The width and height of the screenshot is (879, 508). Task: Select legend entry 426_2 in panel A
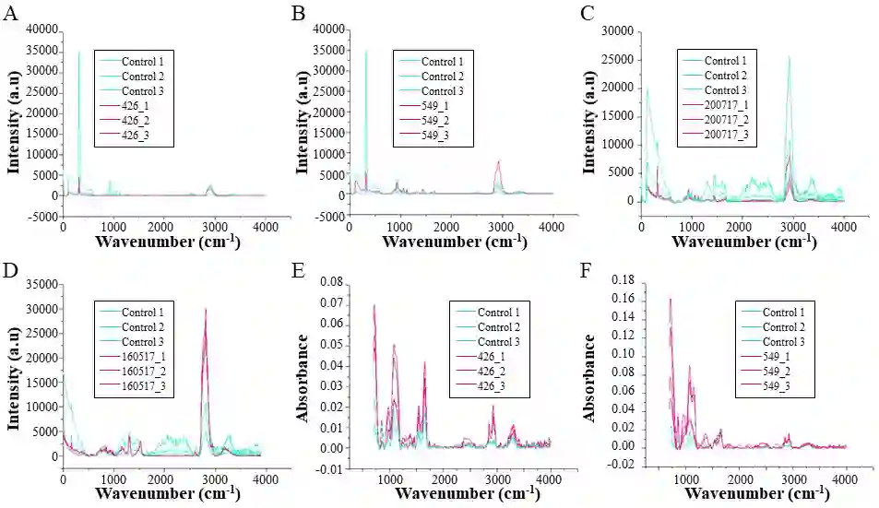pyautogui.click(x=135, y=121)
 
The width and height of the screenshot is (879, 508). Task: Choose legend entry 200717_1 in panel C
pyautogui.click(x=716, y=106)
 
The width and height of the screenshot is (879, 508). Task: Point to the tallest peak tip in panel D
pyautogui.click(x=206, y=309)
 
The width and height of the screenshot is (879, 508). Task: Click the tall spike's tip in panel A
pyautogui.click(x=78, y=51)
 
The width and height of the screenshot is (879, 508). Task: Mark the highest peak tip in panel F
pyautogui.click(x=670, y=299)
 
